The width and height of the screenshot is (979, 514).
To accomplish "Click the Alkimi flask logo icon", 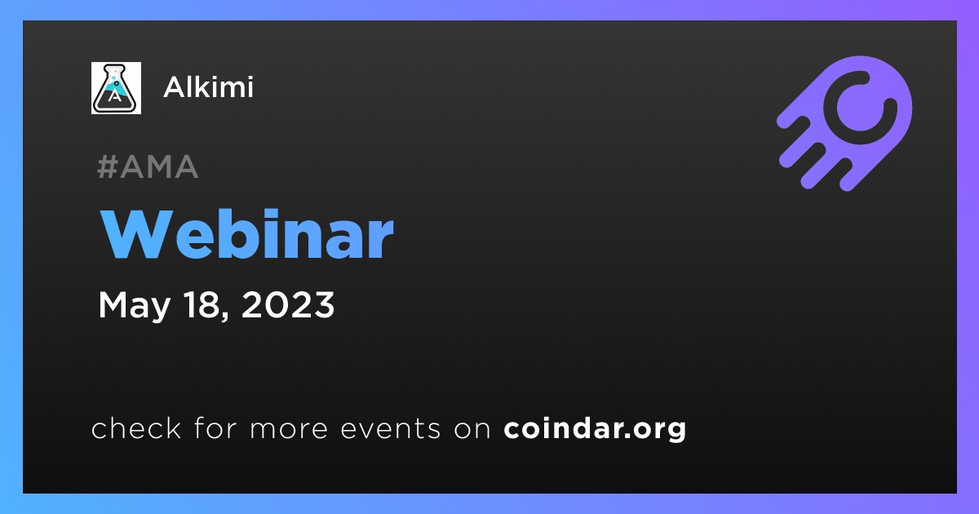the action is [116, 88].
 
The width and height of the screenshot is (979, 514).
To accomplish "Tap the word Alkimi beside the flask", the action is [208, 87].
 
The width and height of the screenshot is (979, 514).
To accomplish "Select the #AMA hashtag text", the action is [148, 166].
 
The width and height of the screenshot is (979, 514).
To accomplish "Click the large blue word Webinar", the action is [247, 235].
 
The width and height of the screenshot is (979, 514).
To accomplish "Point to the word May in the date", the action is [134, 305].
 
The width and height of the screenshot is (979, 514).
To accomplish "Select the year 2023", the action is [287, 304].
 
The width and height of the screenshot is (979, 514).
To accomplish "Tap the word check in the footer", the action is [136, 428].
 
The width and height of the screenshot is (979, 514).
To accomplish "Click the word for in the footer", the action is [215, 428].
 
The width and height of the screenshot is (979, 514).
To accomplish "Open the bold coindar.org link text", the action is [595, 429].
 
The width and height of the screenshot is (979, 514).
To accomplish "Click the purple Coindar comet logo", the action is [844, 123].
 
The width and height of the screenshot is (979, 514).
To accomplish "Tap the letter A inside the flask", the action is [115, 95].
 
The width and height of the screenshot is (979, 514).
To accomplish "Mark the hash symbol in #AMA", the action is [108, 166].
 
